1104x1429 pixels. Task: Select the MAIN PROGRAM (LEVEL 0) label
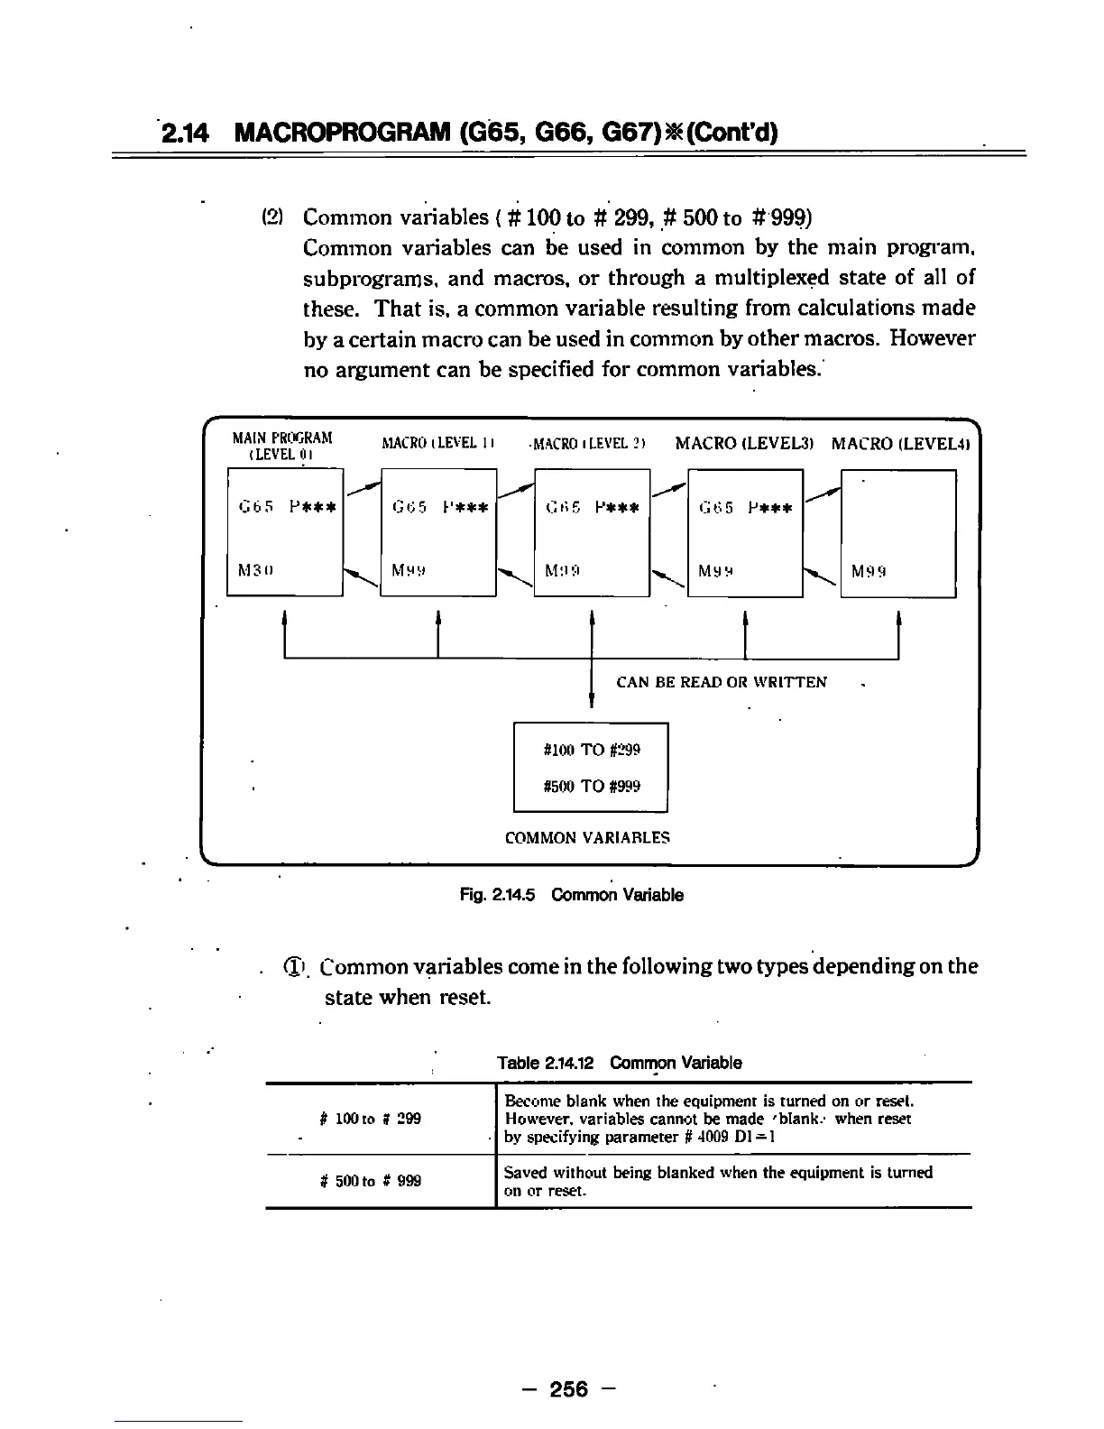point(281,446)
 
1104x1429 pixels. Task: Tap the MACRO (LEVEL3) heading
point(745,444)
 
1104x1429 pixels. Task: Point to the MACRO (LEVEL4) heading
point(899,444)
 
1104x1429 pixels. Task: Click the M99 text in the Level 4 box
point(869,570)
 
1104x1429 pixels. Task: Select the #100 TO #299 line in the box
point(592,750)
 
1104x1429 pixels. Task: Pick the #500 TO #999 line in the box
point(592,786)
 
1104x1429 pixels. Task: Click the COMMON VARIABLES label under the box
point(587,837)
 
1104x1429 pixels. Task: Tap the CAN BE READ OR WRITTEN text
point(721,682)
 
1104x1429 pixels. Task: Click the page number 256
point(566,1389)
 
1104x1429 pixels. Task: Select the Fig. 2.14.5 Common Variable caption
point(571,895)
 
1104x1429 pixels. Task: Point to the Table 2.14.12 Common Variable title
point(619,1063)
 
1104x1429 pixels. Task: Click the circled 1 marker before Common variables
point(294,967)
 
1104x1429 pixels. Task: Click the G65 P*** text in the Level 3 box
point(745,507)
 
